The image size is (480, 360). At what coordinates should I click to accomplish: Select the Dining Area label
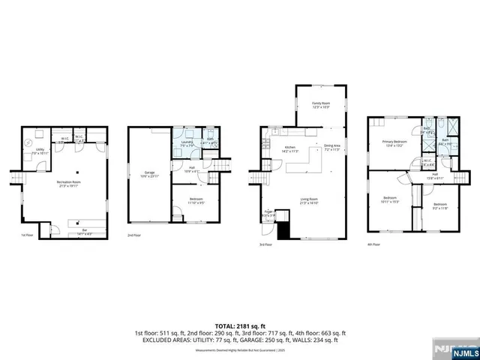pos(331,148)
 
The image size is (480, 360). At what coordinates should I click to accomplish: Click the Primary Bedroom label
pos(394,143)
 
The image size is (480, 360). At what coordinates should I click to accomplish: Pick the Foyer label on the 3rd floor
pos(268,213)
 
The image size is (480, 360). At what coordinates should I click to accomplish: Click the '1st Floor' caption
pos(27,235)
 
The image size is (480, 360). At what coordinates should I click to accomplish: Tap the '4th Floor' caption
pos(373,244)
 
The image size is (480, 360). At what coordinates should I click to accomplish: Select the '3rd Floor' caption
pos(265,244)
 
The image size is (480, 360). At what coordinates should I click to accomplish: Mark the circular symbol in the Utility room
pos(28,142)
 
